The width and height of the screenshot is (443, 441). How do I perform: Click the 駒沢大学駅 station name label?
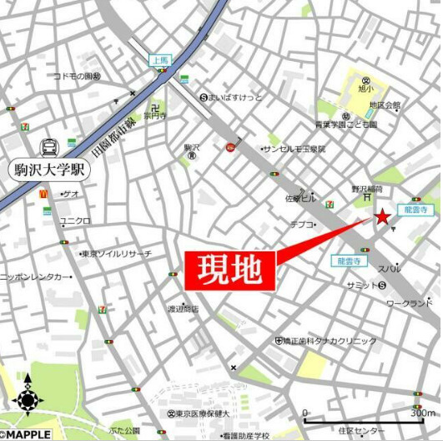click(49, 170)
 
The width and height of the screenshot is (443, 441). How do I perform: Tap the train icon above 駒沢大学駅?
click(49, 146)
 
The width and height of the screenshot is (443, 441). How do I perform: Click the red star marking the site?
click(382, 217)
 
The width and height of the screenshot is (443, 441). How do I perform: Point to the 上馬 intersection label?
click(159, 60)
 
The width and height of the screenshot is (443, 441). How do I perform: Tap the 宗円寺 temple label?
click(155, 117)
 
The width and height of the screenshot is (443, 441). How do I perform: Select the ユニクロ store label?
click(75, 220)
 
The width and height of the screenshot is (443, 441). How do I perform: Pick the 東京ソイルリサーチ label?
click(118, 253)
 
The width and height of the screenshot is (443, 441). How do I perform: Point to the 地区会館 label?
click(385, 106)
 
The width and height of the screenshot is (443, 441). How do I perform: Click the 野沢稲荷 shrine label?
click(366, 190)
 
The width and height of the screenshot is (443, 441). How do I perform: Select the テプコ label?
click(302, 224)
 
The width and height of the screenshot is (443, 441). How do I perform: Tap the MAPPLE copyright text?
click(27, 434)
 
